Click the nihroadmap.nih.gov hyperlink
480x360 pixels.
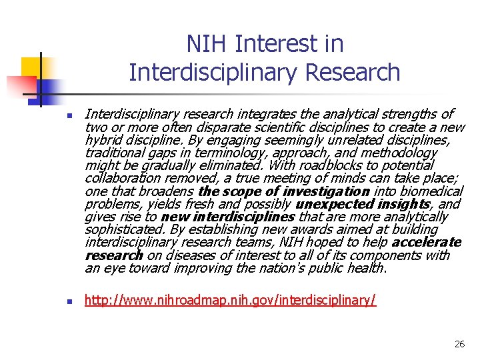pos(230,300)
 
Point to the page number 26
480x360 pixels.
pos(459,344)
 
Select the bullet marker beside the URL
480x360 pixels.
pos(69,301)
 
